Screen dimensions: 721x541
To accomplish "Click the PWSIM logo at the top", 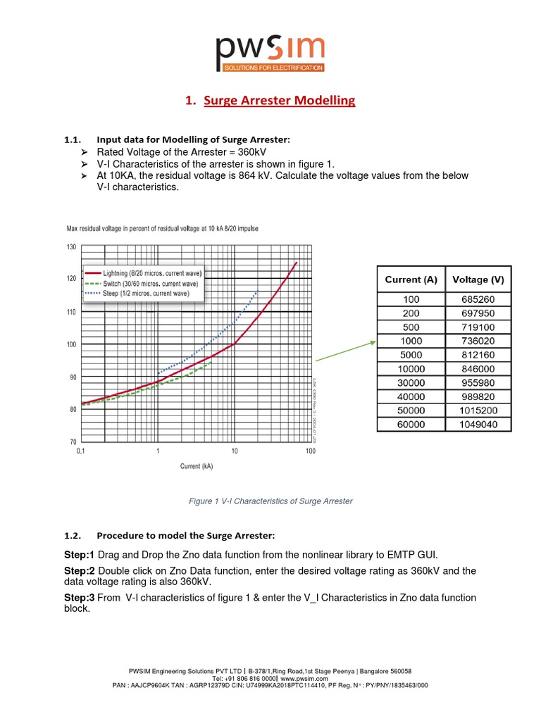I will click(270, 54).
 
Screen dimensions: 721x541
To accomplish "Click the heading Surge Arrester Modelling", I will click(279, 101).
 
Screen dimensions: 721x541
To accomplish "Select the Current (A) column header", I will click(411, 280).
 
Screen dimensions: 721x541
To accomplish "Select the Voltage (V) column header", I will click(478, 280).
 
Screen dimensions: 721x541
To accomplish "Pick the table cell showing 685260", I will click(478, 299).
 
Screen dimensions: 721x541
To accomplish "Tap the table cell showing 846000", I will click(478, 369).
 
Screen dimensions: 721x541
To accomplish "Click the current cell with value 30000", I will click(411, 383).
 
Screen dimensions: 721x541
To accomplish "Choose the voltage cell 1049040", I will click(478, 425).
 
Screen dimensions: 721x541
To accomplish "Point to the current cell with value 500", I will click(411, 327).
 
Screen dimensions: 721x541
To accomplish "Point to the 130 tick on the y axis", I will click(71, 246).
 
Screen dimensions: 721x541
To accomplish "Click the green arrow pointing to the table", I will click(345, 351).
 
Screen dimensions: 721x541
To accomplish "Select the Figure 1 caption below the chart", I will click(270, 501).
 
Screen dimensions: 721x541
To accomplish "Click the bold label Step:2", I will click(79, 570).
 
